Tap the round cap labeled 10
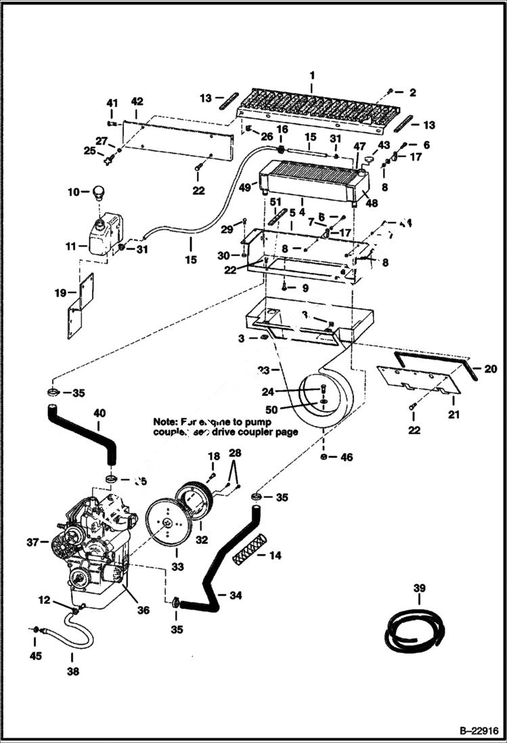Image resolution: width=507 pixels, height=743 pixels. pyautogui.click(x=100, y=192)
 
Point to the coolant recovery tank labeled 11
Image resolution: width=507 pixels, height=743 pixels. pyautogui.click(x=104, y=234)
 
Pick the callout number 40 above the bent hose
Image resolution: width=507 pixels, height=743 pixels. pyautogui.click(x=99, y=412)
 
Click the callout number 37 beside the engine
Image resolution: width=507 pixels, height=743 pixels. pyautogui.click(x=32, y=542)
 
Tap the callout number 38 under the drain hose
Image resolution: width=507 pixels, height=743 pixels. pyautogui.click(x=72, y=673)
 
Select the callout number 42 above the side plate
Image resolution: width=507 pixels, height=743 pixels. pyautogui.click(x=137, y=102)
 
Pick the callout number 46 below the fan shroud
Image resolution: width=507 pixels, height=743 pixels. pyautogui.click(x=347, y=459)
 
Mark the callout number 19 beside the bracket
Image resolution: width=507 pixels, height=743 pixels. pyautogui.click(x=61, y=293)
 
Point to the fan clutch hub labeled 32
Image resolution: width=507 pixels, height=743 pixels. pyautogui.click(x=194, y=505)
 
